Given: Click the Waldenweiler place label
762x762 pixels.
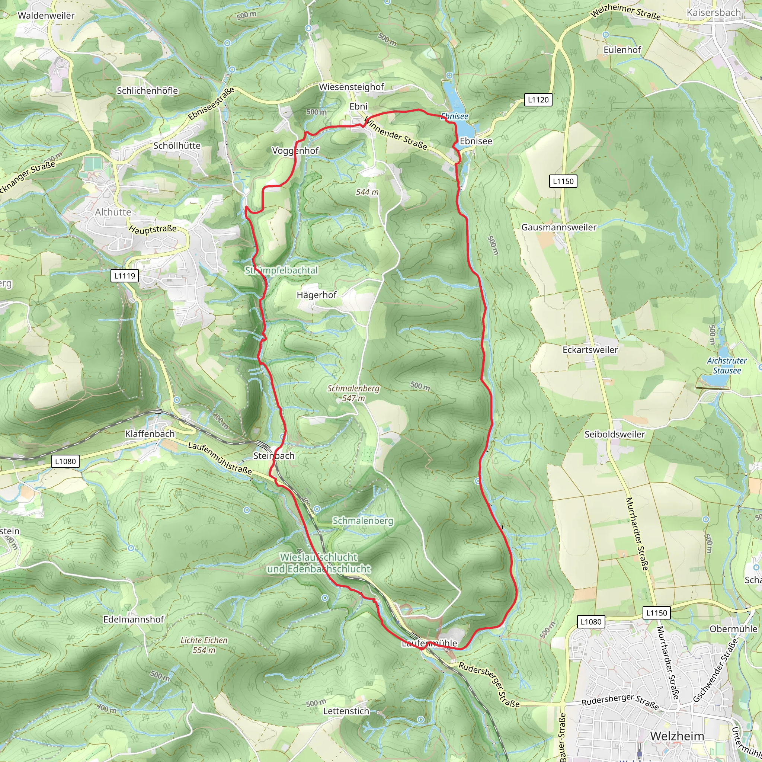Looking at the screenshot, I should pyautogui.click(x=46, y=15).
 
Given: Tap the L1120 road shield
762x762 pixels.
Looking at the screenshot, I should pyautogui.click(x=538, y=100).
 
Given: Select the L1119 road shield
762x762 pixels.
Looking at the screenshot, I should pyautogui.click(x=125, y=276).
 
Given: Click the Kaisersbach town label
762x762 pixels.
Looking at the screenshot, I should pyautogui.click(x=714, y=13).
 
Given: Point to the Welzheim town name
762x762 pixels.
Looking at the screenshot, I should pyautogui.click(x=677, y=736).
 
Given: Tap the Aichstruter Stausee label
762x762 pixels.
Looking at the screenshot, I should pyautogui.click(x=727, y=366).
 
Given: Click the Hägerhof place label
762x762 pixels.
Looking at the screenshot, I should pyautogui.click(x=317, y=295).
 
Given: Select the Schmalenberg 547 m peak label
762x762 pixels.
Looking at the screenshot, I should pyautogui.click(x=353, y=393).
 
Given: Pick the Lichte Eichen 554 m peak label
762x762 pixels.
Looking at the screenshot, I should pyautogui.click(x=204, y=645).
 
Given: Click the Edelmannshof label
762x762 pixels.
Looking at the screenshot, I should pyautogui.click(x=134, y=619).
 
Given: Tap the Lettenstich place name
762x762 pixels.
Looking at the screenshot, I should pyautogui.click(x=346, y=711).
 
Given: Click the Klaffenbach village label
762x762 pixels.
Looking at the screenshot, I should pyautogui.click(x=150, y=434).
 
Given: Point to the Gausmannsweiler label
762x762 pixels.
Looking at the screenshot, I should pyautogui.click(x=559, y=227).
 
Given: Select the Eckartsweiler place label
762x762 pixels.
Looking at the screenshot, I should pyautogui.click(x=590, y=350).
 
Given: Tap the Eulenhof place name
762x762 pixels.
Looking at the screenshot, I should pyautogui.click(x=622, y=50).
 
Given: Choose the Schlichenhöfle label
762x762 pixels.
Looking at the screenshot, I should pyautogui.click(x=147, y=91).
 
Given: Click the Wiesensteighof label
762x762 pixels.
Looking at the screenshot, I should pyautogui.click(x=351, y=87).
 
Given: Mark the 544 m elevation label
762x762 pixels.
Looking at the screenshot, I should pyautogui.click(x=367, y=192).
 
